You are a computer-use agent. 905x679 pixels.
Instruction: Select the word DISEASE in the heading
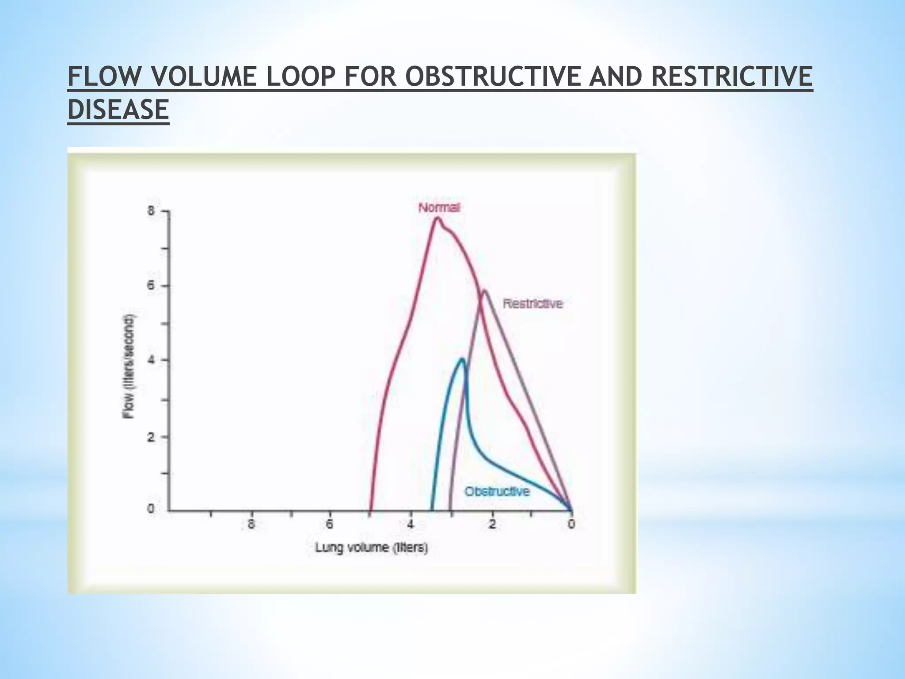(118, 109)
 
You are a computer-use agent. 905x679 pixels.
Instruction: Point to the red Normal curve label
(439, 207)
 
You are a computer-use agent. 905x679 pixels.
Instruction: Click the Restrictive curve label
(533, 304)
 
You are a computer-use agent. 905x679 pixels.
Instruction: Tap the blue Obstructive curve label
(497, 491)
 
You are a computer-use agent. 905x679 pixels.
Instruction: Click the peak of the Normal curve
(437, 217)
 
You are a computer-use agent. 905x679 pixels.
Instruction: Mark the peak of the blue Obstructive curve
(462, 359)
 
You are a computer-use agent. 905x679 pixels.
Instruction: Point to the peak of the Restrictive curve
(484, 290)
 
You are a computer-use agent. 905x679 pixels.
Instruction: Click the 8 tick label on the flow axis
(151, 211)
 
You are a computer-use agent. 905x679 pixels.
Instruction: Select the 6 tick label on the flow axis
(151, 286)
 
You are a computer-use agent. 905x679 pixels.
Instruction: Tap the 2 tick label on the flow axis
(151, 437)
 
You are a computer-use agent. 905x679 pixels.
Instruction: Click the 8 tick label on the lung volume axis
(251, 524)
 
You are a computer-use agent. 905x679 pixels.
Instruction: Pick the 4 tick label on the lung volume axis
(411, 524)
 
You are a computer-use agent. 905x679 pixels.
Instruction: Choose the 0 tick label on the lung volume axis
(571, 524)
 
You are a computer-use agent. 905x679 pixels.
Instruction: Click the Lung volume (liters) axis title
(371, 548)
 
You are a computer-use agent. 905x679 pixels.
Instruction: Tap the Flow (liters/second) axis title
(129, 366)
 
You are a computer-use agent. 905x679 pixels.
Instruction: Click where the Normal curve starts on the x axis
(371, 510)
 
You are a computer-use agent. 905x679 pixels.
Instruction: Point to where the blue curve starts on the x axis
(432, 510)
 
